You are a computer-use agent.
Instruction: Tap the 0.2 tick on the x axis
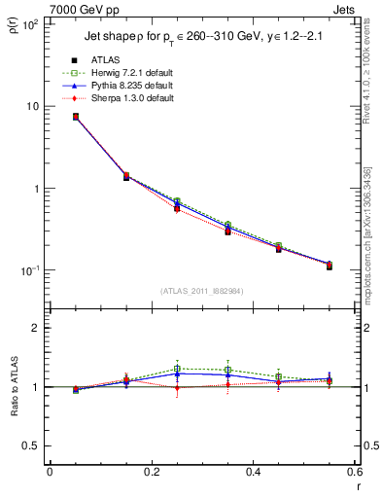[151, 473]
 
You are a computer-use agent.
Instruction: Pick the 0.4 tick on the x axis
[253, 473]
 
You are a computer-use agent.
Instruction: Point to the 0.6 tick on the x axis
[354, 473]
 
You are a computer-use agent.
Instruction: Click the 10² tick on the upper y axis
[29, 23]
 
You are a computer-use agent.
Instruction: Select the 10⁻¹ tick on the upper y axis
[29, 270]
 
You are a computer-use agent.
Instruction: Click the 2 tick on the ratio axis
[36, 328]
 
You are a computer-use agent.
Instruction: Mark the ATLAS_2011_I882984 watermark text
[201, 291]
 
